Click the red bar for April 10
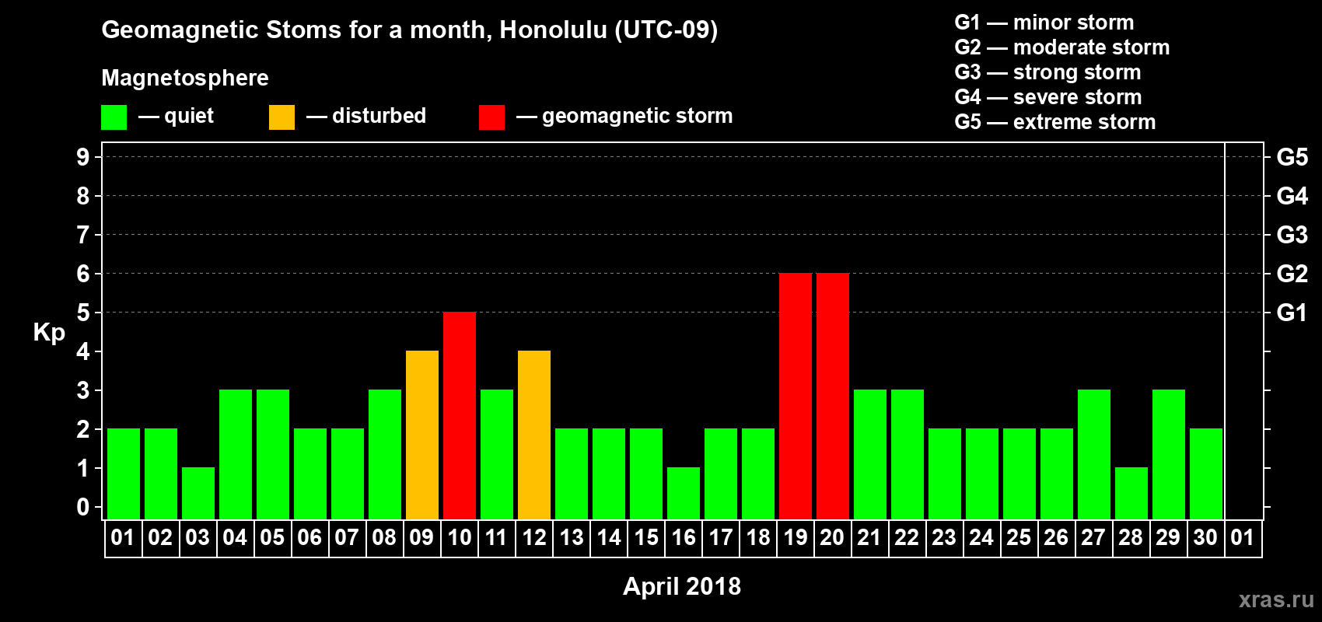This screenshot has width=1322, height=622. (460, 415)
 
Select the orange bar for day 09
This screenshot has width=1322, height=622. (422, 435)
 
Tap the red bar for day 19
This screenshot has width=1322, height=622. (796, 396)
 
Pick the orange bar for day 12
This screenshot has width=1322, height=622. (534, 435)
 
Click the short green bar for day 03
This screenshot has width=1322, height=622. (198, 494)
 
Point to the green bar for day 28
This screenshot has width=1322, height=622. (1131, 494)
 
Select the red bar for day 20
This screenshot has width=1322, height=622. (833, 396)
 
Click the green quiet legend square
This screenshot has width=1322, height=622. (114, 117)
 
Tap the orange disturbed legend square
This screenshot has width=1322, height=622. (282, 117)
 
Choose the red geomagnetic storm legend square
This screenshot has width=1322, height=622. (491, 117)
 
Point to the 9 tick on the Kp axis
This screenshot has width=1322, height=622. (82, 157)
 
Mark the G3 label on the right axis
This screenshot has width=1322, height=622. (1292, 235)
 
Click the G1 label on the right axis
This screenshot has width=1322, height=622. (1292, 313)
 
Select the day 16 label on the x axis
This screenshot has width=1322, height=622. (684, 537)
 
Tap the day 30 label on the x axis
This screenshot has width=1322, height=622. (1205, 537)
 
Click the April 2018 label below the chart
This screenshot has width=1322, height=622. (682, 586)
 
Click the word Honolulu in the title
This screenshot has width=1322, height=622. (553, 30)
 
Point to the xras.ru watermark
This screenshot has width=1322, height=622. (1276, 599)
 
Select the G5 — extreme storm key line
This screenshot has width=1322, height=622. (1054, 122)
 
